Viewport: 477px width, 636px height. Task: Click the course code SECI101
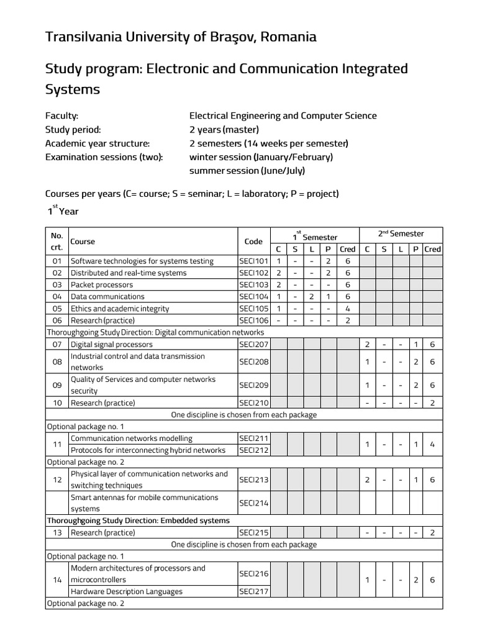pyautogui.click(x=253, y=261)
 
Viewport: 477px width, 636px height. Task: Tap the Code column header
pyautogui.click(x=253, y=242)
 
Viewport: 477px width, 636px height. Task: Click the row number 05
pyautogui.click(x=57, y=309)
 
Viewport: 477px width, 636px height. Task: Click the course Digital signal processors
pyautogui.click(x=112, y=344)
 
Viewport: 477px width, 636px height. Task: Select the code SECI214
pyautogui.click(x=253, y=503)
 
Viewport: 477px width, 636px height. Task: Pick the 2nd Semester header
pyautogui.click(x=401, y=234)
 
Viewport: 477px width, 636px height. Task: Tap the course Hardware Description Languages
pyautogui.click(x=127, y=592)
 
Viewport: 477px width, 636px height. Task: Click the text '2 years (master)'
pyautogui.click(x=224, y=130)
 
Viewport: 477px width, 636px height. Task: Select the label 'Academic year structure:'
pyautogui.click(x=98, y=143)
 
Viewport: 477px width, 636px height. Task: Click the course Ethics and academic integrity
pyautogui.click(x=120, y=309)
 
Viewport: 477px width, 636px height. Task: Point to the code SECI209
pyautogui.click(x=253, y=385)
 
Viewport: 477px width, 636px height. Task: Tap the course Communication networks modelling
pyautogui.click(x=132, y=438)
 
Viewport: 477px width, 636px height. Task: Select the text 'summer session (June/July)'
pyautogui.click(x=247, y=171)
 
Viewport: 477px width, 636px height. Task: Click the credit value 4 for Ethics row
pyautogui.click(x=348, y=309)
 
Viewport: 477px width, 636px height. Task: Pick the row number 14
pyautogui.click(x=57, y=580)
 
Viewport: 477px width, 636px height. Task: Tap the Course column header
pyautogui.click(x=83, y=242)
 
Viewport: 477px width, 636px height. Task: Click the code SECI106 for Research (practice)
pyautogui.click(x=253, y=320)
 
